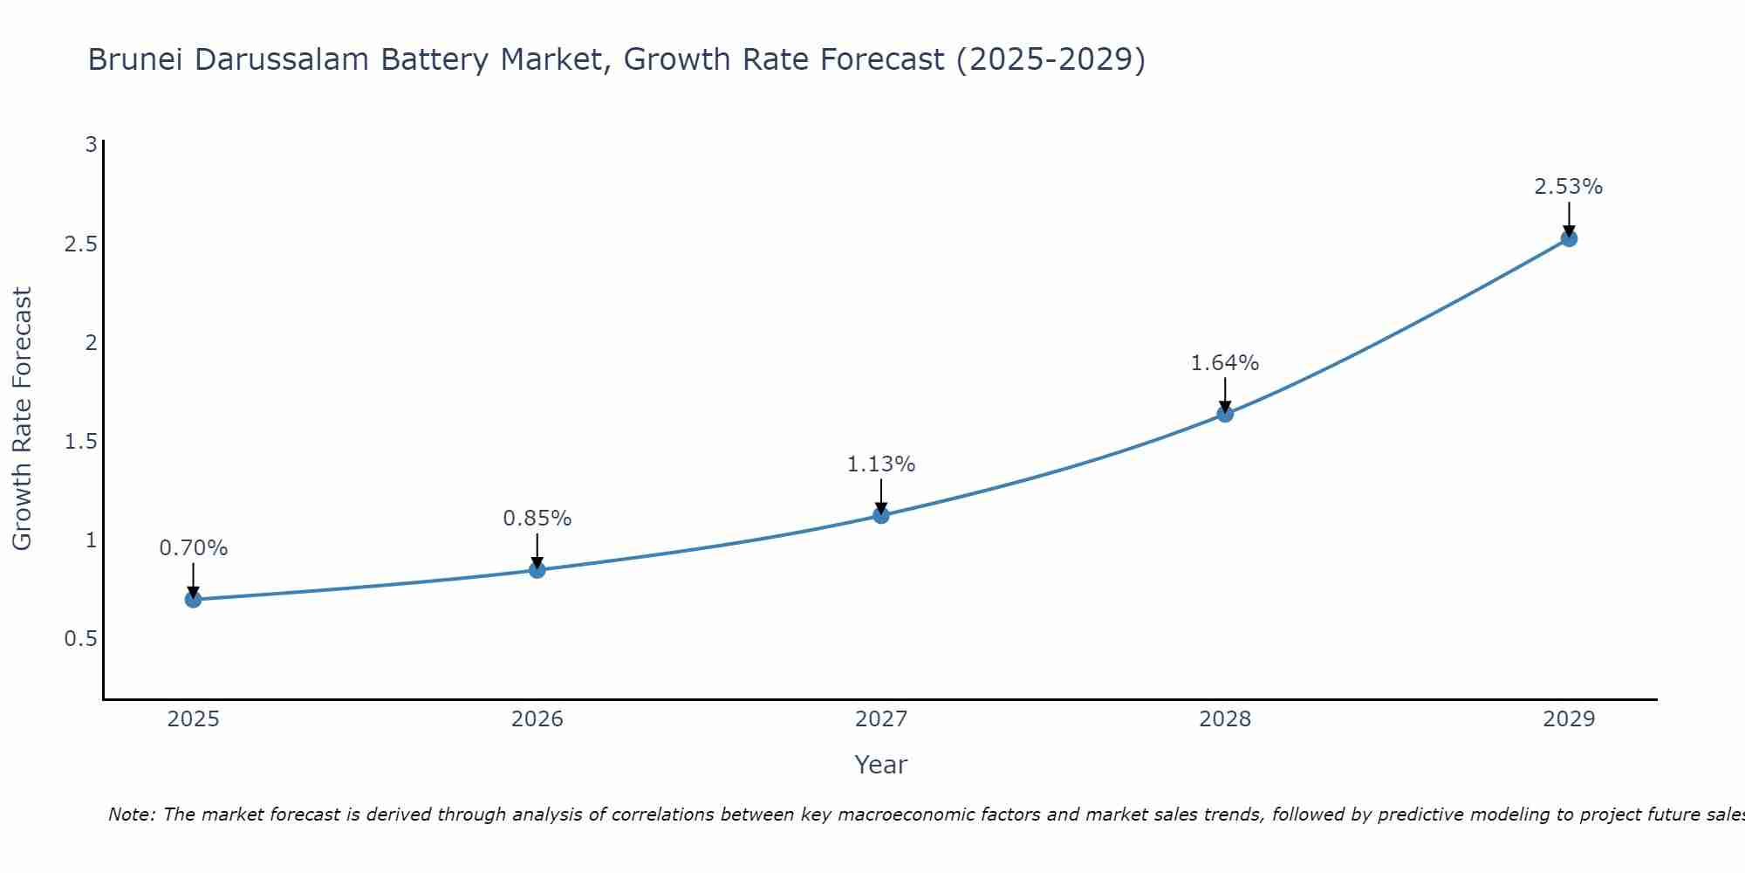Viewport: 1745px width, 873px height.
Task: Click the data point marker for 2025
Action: [x=193, y=600]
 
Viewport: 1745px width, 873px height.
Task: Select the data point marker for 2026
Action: [x=537, y=570]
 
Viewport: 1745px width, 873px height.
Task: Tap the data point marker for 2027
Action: [x=881, y=515]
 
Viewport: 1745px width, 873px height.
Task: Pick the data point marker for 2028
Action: [x=1225, y=414]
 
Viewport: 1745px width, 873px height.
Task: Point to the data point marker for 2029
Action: [x=1569, y=238]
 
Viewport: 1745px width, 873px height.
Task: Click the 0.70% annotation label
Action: [x=193, y=548]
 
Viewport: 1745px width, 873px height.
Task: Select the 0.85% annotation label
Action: [x=537, y=519]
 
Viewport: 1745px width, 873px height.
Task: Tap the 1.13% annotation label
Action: [x=881, y=464]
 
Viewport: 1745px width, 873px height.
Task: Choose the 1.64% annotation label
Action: [x=1225, y=363]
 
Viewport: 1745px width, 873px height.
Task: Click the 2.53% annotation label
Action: [x=1569, y=187]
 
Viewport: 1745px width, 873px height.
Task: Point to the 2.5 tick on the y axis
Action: [x=80, y=244]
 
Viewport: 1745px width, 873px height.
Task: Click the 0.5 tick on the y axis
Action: [x=80, y=639]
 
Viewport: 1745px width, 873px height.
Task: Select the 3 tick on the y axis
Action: [x=91, y=145]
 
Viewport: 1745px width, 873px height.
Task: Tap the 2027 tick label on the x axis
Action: [x=881, y=719]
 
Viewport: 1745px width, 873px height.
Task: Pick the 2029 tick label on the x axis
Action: [x=1569, y=719]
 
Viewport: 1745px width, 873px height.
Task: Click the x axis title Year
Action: [x=881, y=765]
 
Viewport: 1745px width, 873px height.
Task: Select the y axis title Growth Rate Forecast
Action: [x=22, y=419]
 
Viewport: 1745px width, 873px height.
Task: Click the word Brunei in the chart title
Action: [x=136, y=59]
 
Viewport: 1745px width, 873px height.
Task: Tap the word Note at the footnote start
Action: [x=131, y=815]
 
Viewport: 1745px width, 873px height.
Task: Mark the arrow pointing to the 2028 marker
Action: [x=1225, y=395]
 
